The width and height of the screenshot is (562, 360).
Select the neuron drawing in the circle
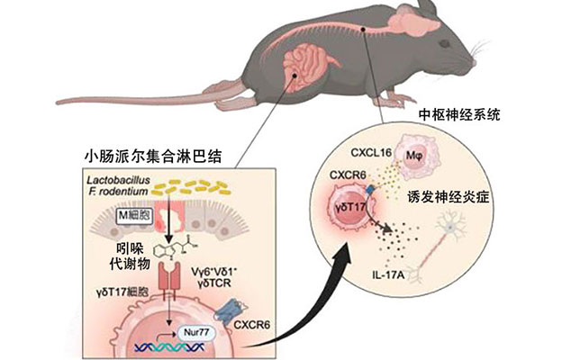(x=455, y=243)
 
